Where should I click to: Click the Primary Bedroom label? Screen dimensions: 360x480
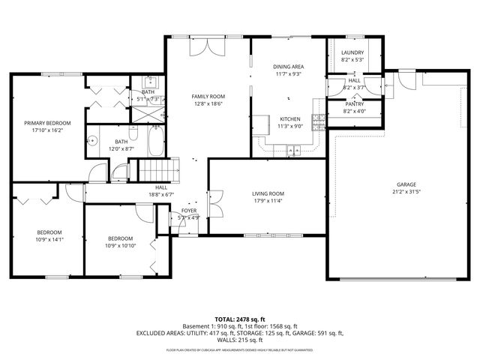click(x=47, y=123)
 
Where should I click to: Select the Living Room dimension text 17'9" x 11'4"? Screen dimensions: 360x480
click(x=268, y=201)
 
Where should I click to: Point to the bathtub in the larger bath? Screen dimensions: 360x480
click(x=154, y=142)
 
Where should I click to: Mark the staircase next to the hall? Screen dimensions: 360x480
click(x=154, y=170)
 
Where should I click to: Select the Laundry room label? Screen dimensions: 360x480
click(x=352, y=52)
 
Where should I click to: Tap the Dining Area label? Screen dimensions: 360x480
click(x=288, y=67)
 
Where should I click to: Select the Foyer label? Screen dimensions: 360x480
click(x=189, y=211)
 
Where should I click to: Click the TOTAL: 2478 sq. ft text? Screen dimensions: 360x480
click(x=240, y=319)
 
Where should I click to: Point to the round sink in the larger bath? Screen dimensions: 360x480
click(x=94, y=140)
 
